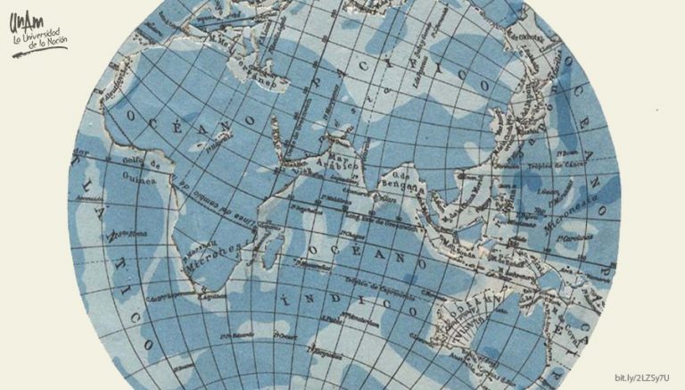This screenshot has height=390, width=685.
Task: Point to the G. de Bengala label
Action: [400, 181]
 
